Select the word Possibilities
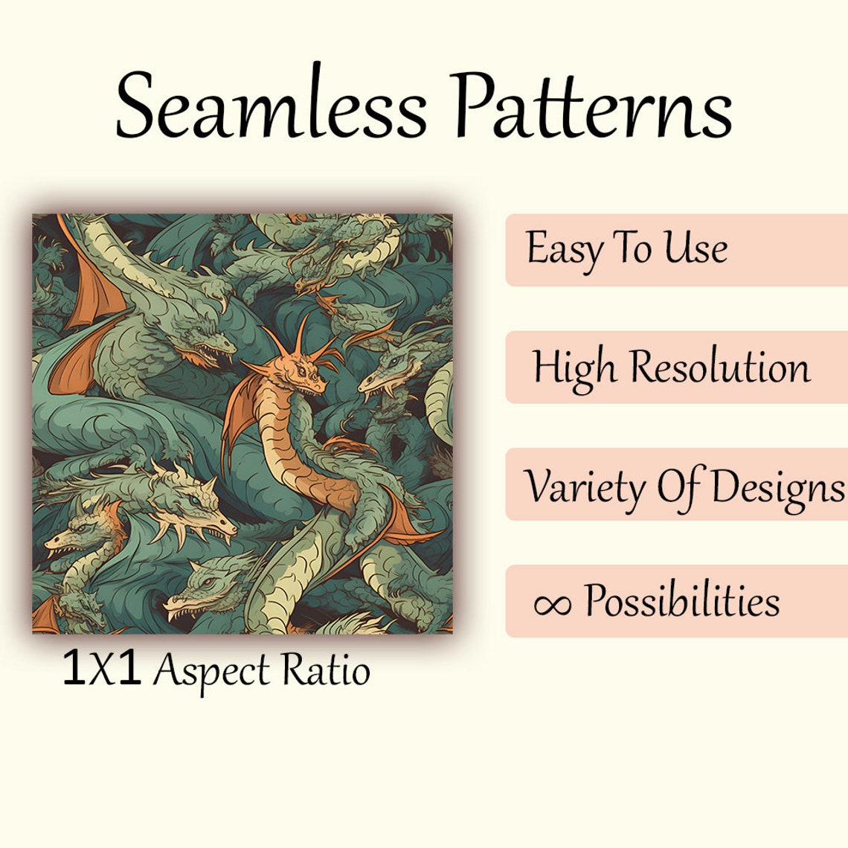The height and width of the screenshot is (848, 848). (681, 600)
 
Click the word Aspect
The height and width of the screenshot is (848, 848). (211, 671)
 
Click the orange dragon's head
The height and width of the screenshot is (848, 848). (301, 371)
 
